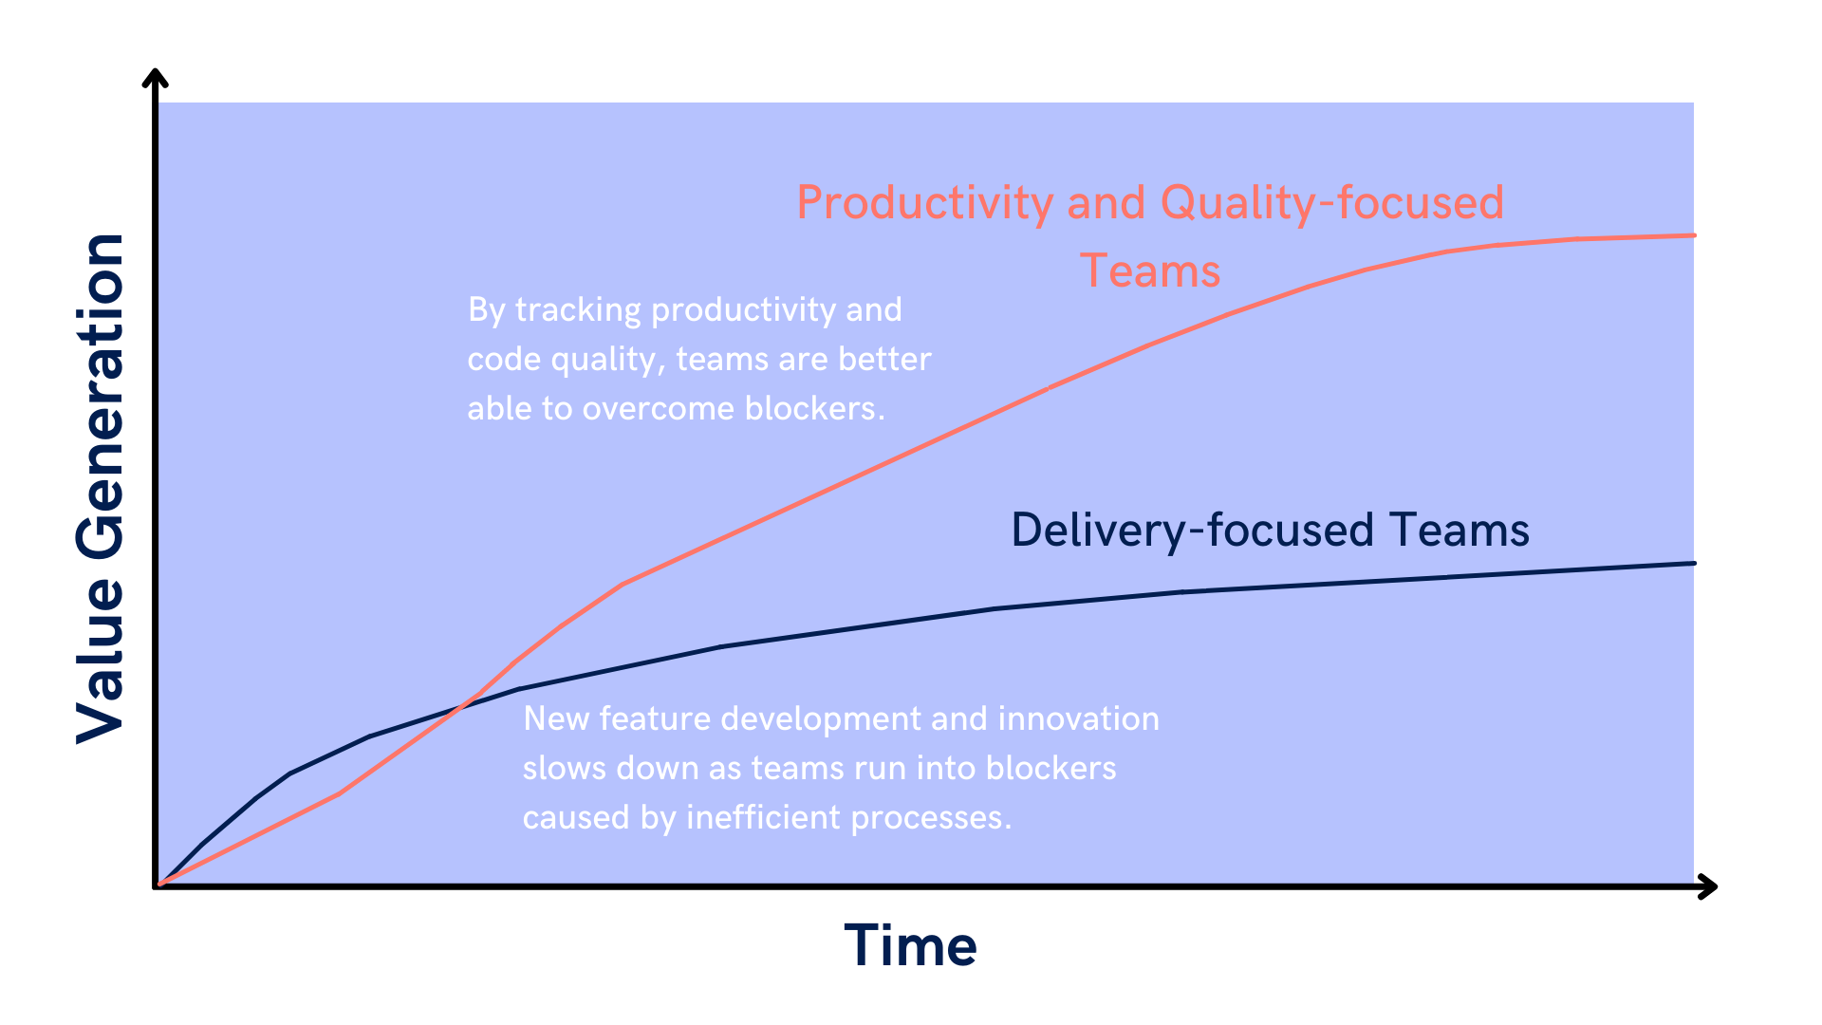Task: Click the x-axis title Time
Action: (x=910, y=946)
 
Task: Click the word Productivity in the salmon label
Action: (x=924, y=203)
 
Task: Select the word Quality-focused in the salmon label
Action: (x=1332, y=203)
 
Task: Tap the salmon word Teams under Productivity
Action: (x=1150, y=270)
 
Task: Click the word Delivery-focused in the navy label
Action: (x=1193, y=530)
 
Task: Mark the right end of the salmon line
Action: (x=1694, y=235)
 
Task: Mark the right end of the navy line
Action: (x=1694, y=564)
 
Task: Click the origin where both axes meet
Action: (x=157, y=886)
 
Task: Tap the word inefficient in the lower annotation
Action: (x=763, y=817)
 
